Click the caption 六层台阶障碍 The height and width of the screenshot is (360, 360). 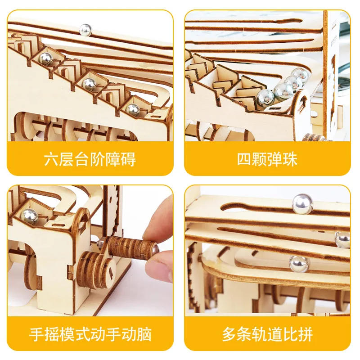coord(90,159)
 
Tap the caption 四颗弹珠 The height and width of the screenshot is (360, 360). coord(267,159)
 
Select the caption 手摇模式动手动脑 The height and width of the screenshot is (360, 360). coord(90,334)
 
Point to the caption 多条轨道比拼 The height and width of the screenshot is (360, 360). coord(267,334)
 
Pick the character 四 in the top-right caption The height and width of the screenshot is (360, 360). coord(245,159)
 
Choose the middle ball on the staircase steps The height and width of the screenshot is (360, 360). coord(90,83)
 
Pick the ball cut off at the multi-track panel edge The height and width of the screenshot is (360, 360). coord(343,240)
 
